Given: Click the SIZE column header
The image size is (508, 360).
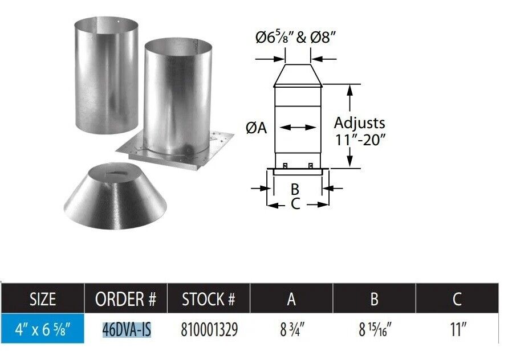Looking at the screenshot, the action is [42, 299].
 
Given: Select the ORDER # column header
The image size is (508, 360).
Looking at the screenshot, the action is [125, 299].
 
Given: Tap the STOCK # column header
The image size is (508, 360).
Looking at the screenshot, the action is [208, 299].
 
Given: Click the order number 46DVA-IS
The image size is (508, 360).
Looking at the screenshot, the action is [127, 330].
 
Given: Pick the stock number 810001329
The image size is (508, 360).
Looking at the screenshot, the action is [209, 330].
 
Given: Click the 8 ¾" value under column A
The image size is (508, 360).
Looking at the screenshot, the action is [292, 330].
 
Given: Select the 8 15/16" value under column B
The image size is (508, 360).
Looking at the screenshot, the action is [375, 330].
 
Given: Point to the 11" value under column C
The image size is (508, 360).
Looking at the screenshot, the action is [458, 330].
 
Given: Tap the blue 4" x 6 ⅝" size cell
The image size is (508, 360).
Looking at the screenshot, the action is [42, 329].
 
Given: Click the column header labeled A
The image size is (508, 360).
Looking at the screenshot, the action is [291, 299].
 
